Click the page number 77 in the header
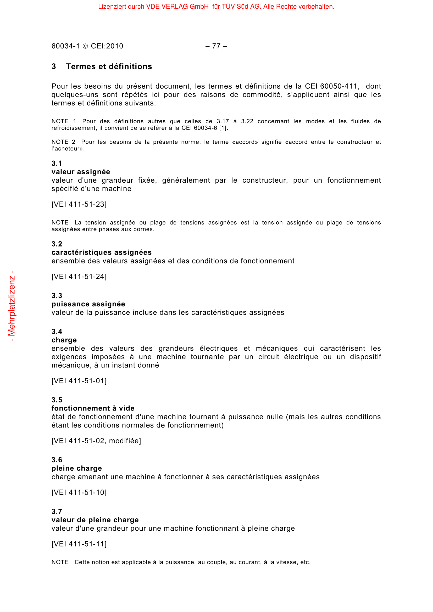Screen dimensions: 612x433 click(216, 46)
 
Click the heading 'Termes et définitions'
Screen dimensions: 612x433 click(109, 66)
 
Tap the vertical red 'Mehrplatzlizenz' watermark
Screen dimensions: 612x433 click(12, 306)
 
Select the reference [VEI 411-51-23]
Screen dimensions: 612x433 click(79, 204)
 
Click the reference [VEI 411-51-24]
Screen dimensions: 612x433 click(79, 277)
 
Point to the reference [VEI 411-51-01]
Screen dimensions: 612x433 click(79, 381)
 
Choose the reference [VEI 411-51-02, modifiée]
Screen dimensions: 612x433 click(96, 441)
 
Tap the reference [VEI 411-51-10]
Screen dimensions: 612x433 click(79, 493)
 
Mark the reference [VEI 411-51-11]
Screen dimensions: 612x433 click(79, 544)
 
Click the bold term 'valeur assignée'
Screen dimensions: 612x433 click(81, 172)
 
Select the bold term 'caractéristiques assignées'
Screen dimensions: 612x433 click(101, 252)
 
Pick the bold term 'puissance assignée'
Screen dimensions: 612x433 click(88, 304)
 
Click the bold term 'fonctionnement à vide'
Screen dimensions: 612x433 click(93, 408)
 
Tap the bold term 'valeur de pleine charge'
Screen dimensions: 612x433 click(95, 520)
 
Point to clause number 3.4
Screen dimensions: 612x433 click(57, 332)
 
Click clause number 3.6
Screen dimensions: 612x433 click(57, 460)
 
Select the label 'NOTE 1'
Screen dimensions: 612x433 click(64, 122)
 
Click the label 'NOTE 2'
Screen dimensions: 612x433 click(63, 142)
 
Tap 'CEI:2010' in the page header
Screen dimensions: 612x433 click(107, 46)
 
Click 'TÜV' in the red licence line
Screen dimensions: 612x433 click(228, 7)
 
